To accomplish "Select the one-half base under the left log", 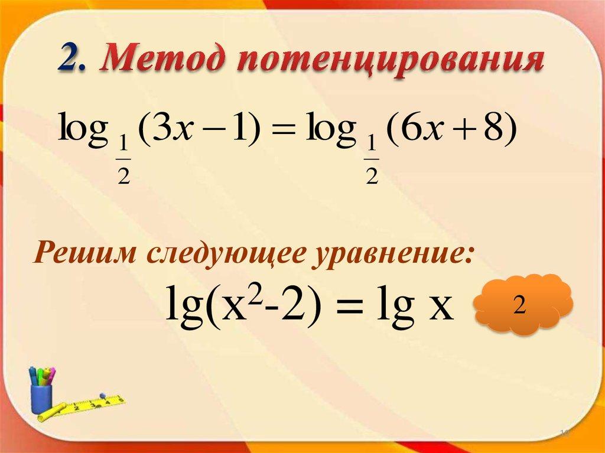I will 123,165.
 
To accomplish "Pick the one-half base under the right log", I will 371,165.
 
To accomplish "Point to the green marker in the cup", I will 34,376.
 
